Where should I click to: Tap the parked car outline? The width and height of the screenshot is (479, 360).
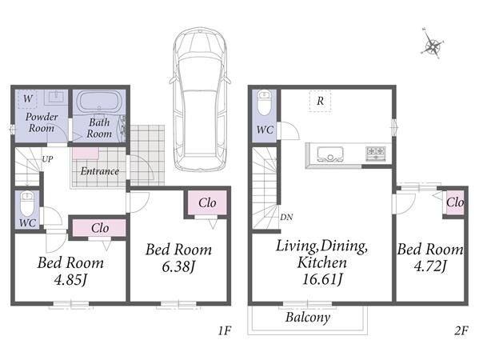click(x=200, y=98)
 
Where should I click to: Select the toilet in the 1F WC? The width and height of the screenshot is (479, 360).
click(x=27, y=203)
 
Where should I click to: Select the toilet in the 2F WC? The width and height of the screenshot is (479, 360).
click(x=264, y=102)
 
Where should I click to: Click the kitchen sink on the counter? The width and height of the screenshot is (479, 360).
click(x=330, y=154)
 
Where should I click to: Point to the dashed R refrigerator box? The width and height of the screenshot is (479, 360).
click(x=320, y=101)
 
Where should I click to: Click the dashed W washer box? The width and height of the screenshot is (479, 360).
click(x=27, y=99)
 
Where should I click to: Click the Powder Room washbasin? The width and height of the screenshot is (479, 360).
click(x=56, y=97)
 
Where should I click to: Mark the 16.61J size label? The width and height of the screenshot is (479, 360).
click(x=322, y=278)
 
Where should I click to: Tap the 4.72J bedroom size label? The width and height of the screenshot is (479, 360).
click(x=430, y=266)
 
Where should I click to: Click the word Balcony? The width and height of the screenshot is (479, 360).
click(x=308, y=318)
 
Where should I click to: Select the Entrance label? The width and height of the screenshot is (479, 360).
click(x=100, y=171)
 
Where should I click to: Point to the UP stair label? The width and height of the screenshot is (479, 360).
click(x=47, y=159)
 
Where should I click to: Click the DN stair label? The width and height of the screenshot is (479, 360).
click(x=286, y=218)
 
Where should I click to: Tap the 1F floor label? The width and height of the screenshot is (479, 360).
click(x=225, y=330)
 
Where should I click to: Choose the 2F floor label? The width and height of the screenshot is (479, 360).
click(x=461, y=330)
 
